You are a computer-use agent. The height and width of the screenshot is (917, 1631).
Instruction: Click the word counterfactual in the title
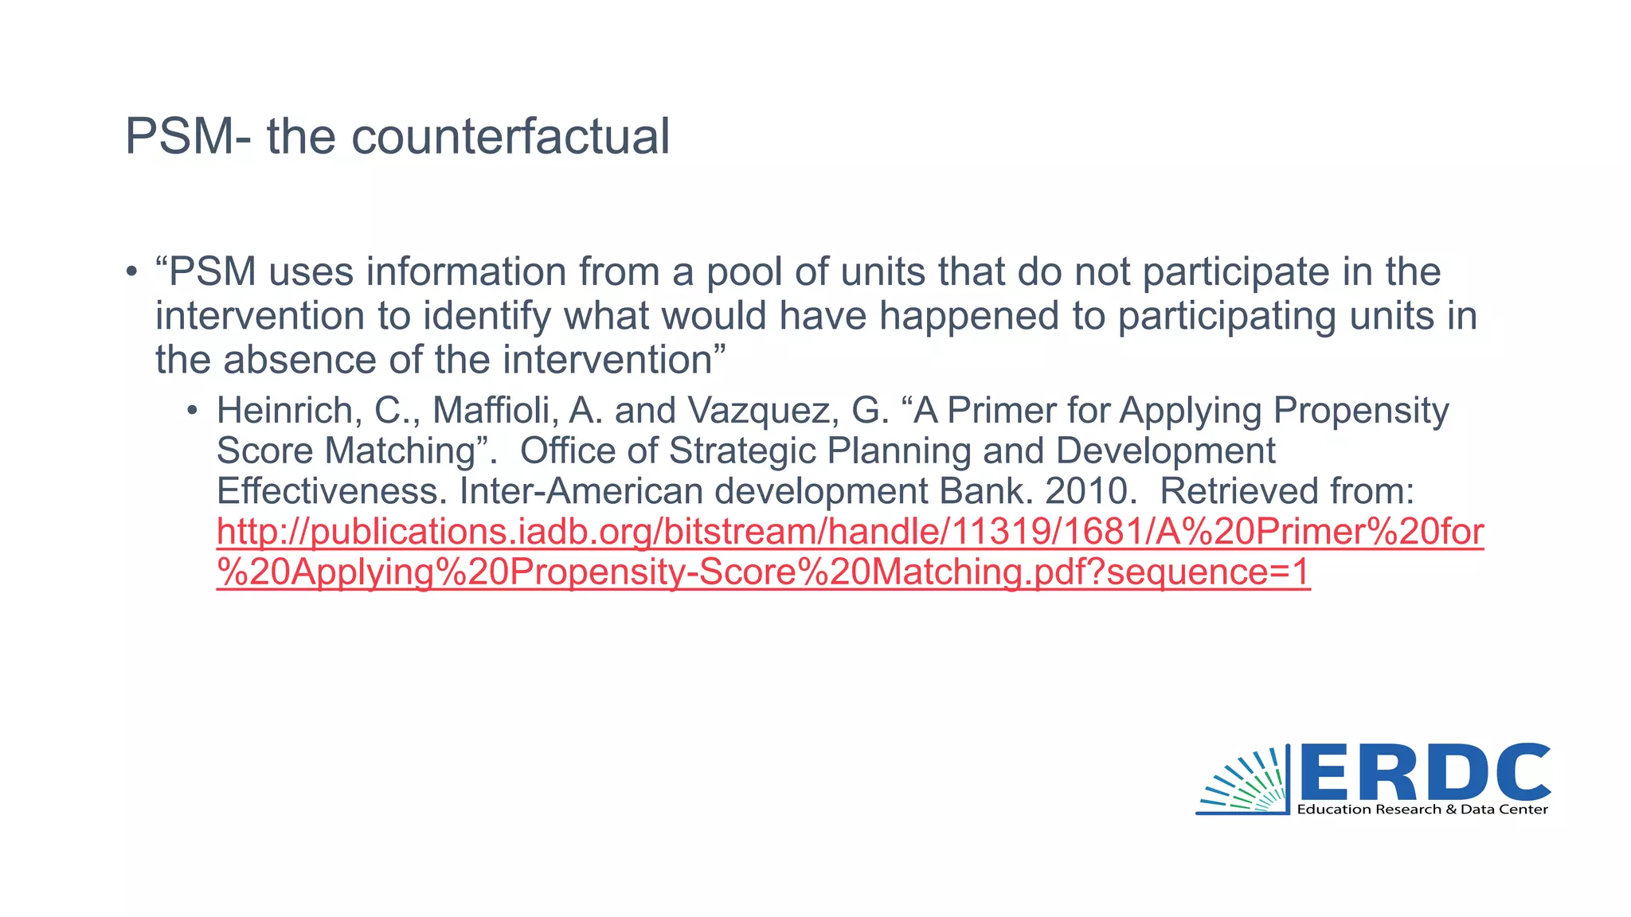click(x=510, y=137)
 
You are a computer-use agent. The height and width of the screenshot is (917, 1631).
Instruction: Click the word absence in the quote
click(x=299, y=360)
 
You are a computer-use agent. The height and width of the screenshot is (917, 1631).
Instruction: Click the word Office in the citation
click(x=566, y=451)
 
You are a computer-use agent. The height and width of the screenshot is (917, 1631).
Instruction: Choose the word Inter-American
click(x=581, y=491)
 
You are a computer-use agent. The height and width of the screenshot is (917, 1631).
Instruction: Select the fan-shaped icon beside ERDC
click(x=1246, y=782)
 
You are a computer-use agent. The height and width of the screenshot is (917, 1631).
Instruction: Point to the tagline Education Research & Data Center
click(x=1422, y=810)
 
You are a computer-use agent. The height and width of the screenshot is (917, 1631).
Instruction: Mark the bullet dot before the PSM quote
click(x=131, y=272)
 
